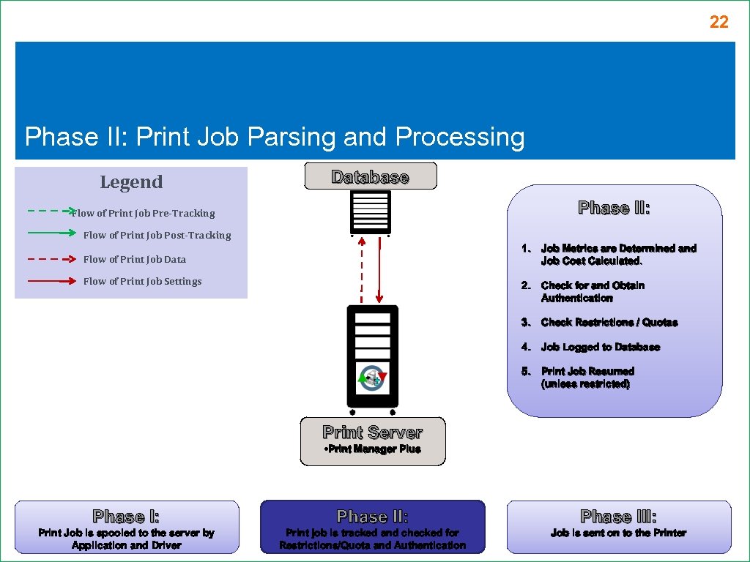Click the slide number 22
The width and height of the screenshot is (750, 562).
pyautogui.click(x=719, y=23)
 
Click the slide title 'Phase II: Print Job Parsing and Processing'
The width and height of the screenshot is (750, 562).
pyautogui.click(x=275, y=137)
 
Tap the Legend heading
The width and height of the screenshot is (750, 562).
pyautogui.click(x=131, y=182)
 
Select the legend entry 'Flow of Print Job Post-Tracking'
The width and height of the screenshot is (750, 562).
pyautogui.click(x=157, y=236)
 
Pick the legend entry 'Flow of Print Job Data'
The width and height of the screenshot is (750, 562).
pyautogui.click(x=135, y=260)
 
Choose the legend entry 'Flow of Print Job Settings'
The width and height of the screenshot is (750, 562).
pyautogui.click(x=142, y=282)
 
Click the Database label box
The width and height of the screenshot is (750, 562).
pyautogui.click(x=371, y=177)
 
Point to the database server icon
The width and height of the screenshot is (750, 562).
pyautogui.click(x=370, y=212)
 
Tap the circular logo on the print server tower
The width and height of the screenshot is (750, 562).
pyautogui.click(x=372, y=378)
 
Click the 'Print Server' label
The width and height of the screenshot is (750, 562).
pyautogui.click(x=372, y=432)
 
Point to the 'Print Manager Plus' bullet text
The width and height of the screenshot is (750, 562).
pyautogui.click(x=372, y=449)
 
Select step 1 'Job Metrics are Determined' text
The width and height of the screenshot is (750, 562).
pyautogui.click(x=617, y=255)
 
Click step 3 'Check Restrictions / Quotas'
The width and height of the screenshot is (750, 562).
pyautogui.click(x=609, y=323)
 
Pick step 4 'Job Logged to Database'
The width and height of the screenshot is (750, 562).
pyautogui.click(x=600, y=348)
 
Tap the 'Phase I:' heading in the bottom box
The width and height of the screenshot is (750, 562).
pyautogui.click(x=126, y=517)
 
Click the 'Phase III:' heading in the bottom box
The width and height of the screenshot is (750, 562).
pyautogui.click(x=618, y=517)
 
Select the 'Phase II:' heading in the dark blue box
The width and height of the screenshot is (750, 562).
pyautogui.click(x=372, y=517)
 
